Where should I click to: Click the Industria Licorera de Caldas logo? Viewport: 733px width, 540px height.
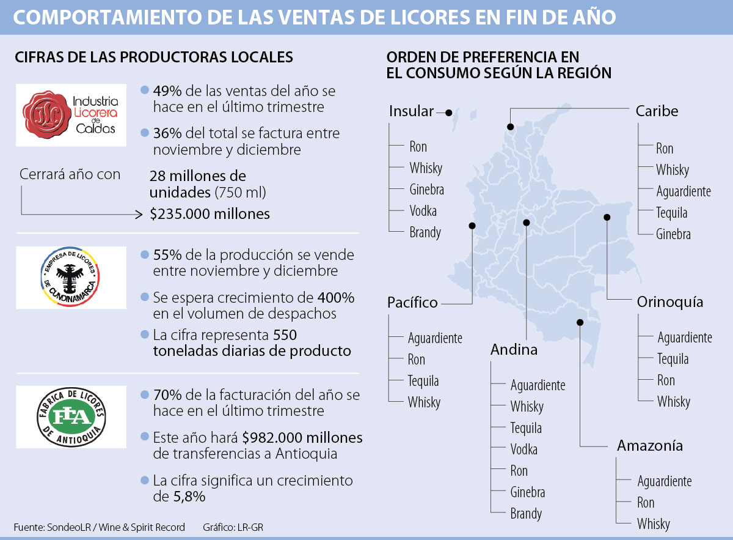(x=71, y=115)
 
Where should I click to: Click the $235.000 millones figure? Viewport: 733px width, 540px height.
(x=210, y=214)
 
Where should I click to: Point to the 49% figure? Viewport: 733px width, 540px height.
(x=166, y=91)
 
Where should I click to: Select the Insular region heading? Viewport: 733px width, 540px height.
(x=411, y=111)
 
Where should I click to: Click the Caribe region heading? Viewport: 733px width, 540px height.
(x=657, y=111)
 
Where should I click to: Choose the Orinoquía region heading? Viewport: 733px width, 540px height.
(x=669, y=302)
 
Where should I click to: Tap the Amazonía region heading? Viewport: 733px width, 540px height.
(x=649, y=445)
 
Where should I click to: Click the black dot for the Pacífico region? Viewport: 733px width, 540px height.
(x=472, y=226)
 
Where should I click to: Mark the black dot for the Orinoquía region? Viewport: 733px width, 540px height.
(x=607, y=217)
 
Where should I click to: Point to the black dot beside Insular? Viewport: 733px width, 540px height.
(x=448, y=113)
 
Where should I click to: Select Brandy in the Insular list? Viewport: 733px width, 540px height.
(x=425, y=232)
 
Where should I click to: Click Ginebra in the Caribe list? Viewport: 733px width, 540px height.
(x=673, y=234)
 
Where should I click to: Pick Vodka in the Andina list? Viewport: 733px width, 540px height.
(x=524, y=449)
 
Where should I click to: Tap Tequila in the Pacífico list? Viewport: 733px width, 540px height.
(x=423, y=380)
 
